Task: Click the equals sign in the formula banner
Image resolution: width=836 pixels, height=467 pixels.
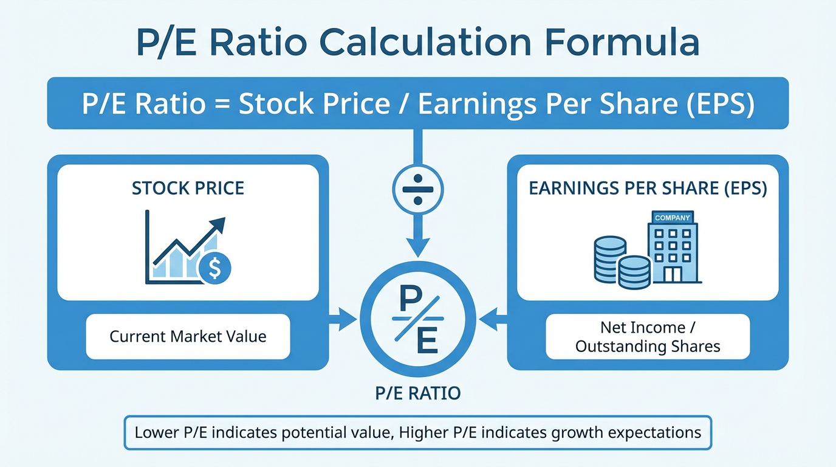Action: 222,103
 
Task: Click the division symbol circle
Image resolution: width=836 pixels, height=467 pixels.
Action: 418,190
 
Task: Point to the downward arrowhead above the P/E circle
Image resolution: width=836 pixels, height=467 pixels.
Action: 418,247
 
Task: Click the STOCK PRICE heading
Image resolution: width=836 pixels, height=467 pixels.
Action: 188,188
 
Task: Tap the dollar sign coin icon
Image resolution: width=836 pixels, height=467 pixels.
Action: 214,268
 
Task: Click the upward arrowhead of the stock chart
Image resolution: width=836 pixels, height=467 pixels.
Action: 218,224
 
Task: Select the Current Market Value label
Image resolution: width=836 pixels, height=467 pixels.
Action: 188,336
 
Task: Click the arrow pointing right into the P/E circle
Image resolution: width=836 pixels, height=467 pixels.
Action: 343,319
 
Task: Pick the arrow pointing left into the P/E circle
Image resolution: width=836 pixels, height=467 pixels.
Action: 493,319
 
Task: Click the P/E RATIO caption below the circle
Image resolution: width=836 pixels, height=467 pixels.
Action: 418,393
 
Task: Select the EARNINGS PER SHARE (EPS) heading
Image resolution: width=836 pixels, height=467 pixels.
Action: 648,189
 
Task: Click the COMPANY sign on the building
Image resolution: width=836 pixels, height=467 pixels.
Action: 673,218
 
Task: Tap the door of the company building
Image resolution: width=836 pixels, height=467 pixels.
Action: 673,274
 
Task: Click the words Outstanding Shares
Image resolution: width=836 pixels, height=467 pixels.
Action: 648,347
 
